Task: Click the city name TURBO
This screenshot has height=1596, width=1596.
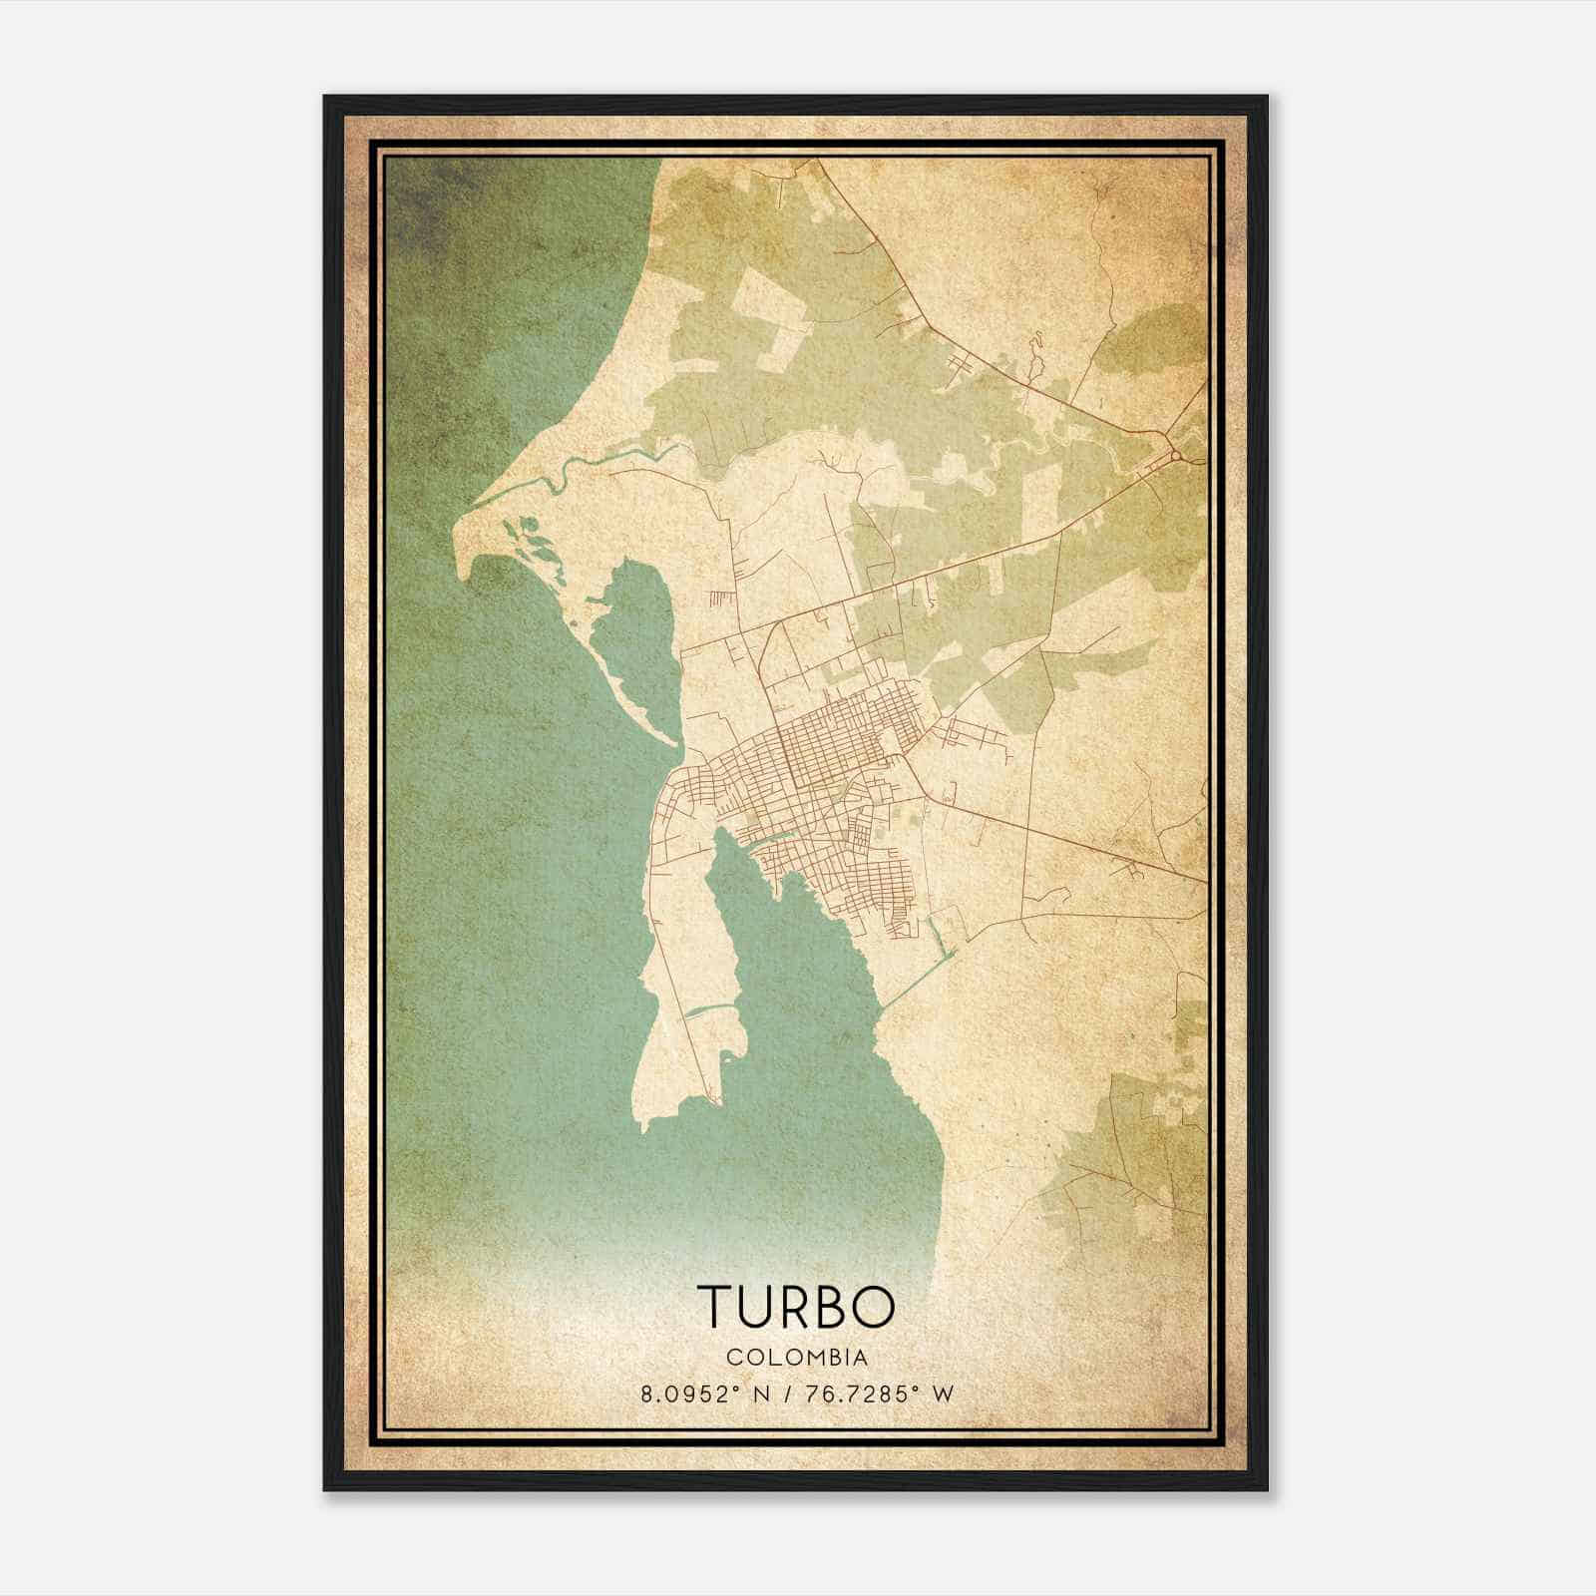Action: [x=795, y=1306]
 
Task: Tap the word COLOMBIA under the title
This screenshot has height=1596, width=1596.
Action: [x=796, y=1357]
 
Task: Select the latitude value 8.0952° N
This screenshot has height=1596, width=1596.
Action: [x=704, y=1395]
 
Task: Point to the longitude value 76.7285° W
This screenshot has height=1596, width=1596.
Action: [x=877, y=1395]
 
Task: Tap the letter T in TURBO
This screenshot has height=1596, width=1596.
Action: [x=715, y=1306]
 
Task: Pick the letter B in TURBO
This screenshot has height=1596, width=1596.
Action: [x=824, y=1306]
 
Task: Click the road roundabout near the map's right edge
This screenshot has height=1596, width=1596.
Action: [x=1176, y=456]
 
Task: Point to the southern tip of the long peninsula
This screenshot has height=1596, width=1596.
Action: [x=646, y=1125]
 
